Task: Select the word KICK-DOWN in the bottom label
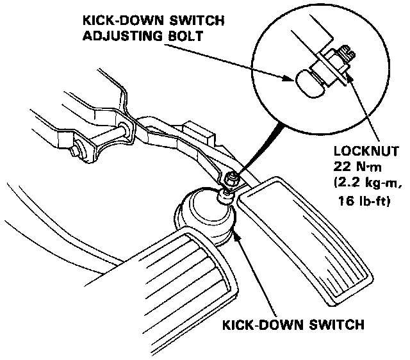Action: click(256, 325)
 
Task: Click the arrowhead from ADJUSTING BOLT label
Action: click(289, 79)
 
